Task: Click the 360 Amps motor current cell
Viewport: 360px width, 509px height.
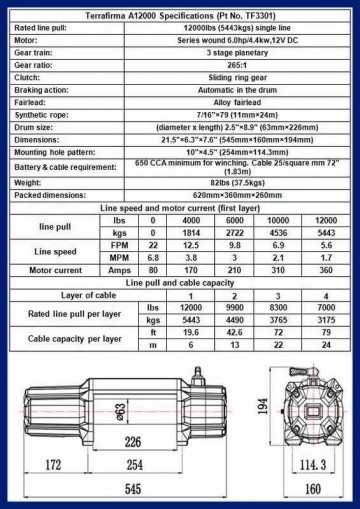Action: click(325, 270)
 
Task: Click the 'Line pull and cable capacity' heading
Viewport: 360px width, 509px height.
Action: click(180, 282)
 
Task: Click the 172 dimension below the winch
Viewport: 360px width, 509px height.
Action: click(47, 466)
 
